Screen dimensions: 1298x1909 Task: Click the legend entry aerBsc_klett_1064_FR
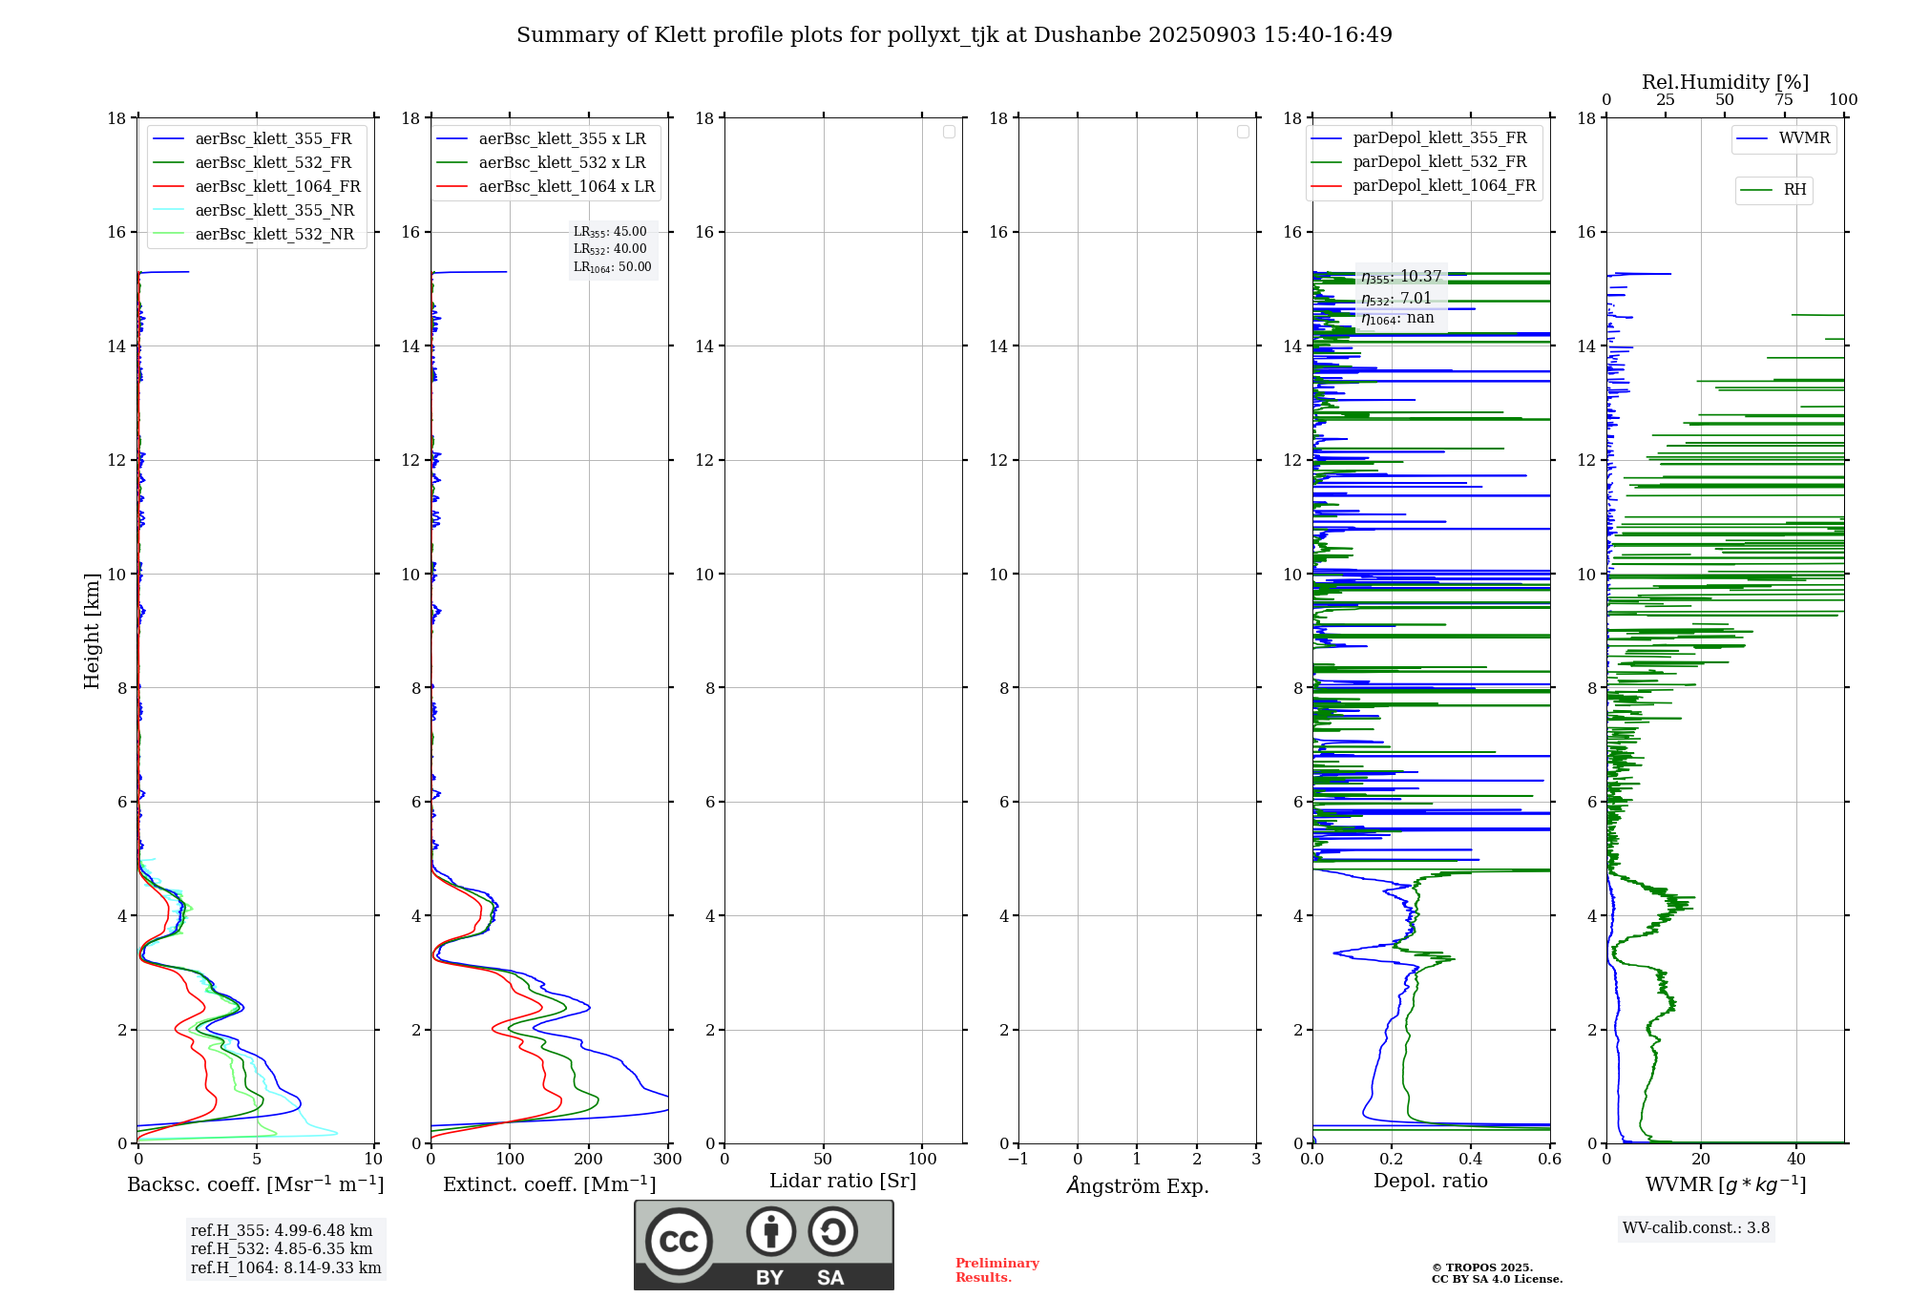click(277, 186)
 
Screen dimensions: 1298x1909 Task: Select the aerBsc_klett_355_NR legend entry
click(274, 210)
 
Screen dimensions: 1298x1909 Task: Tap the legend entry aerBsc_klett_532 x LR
click(561, 162)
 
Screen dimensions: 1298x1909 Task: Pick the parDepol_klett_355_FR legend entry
click(1439, 138)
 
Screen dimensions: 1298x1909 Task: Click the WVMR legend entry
click(1804, 138)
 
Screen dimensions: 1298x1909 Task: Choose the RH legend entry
click(1794, 190)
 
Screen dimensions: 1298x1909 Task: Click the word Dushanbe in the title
click(1087, 35)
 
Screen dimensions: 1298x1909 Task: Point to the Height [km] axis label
click(92, 631)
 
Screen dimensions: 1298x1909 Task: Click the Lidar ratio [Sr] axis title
click(843, 1182)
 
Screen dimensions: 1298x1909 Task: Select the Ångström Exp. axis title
click(1138, 1185)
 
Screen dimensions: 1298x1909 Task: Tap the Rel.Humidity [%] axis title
click(1725, 82)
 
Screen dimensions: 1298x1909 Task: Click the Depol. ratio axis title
click(1430, 1182)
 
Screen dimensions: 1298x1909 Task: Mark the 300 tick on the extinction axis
click(667, 1160)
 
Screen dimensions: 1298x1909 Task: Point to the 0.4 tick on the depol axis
click(1470, 1160)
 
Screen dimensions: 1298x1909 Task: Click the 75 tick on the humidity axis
click(1783, 100)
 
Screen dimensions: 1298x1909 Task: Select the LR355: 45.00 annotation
click(610, 232)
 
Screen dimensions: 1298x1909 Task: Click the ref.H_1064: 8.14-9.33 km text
click(285, 1268)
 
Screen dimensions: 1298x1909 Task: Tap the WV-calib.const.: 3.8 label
click(1696, 1228)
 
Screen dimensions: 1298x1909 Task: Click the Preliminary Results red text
click(996, 1270)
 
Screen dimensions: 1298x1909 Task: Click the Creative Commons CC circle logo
click(679, 1242)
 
